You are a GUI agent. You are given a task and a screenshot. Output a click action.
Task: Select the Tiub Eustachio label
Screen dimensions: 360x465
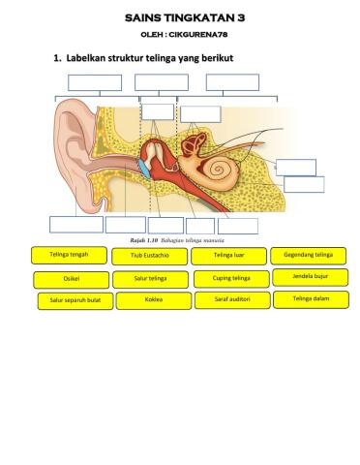point(149,257)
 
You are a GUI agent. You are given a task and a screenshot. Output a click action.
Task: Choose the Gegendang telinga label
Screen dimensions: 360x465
point(310,255)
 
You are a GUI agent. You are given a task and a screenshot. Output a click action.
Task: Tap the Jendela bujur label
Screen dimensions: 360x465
point(311,277)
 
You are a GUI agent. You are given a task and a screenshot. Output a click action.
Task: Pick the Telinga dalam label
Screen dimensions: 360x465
point(311,299)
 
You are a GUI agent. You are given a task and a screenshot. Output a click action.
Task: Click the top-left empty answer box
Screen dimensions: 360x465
point(94,82)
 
